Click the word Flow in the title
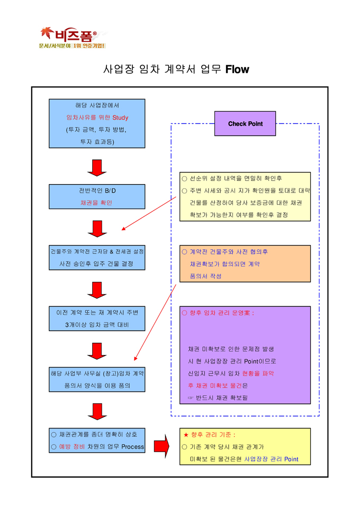click(237, 69)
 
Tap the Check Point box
click(245, 124)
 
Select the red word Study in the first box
click(120, 117)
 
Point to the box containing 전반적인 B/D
click(97, 196)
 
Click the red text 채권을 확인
click(96, 203)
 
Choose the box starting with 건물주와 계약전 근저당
click(97, 257)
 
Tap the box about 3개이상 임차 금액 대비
click(97, 319)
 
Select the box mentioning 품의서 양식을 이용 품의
click(97, 379)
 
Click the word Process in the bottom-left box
click(132, 447)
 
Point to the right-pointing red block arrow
click(161, 447)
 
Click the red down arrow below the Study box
click(97, 167)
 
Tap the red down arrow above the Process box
click(97, 411)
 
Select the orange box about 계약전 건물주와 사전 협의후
click(245, 263)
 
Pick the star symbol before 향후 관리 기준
click(186, 434)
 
